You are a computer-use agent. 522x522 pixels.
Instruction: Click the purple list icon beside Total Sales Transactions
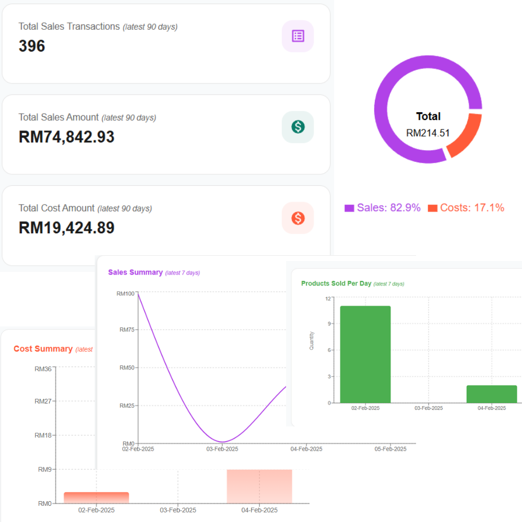click(x=298, y=36)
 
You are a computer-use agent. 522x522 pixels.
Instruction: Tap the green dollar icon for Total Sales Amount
click(x=298, y=127)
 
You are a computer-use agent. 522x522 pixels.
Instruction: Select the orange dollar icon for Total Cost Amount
click(x=298, y=218)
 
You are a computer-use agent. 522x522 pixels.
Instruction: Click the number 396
click(x=32, y=46)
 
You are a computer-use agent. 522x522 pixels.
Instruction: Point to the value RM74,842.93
click(x=66, y=137)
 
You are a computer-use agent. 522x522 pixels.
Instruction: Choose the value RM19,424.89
click(x=66, y=228)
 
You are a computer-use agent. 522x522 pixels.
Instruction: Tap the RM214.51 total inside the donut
click(x=428, y=133)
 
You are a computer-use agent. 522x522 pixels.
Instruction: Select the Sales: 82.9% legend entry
click(x=383, y=208)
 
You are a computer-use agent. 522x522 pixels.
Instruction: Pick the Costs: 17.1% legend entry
click(x=466, y=208)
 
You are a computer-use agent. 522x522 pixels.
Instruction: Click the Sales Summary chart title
click(x=135, y=272)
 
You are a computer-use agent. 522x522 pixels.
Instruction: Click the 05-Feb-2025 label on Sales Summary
click(x=391, y=449)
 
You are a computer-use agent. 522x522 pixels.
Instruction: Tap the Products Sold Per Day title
click(x=336, y=283)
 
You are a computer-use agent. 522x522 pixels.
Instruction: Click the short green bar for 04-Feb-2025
click(x=492, y=394)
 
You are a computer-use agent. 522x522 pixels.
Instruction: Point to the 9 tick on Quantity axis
click(x=329, y=324)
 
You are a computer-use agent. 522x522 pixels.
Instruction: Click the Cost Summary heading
click(x=43, y=349)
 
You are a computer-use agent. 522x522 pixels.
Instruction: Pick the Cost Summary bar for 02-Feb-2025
click(x=97, y=497)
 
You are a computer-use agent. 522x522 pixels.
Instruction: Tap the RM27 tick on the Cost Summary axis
click(x=43, y=401)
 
